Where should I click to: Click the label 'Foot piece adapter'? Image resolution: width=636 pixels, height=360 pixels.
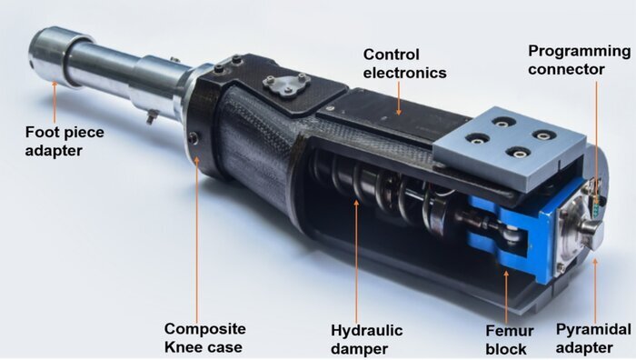pos(65,141)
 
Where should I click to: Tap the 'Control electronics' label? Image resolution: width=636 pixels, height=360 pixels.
pos(404,64)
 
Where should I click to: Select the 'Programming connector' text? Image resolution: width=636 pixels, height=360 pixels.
pos(579,60)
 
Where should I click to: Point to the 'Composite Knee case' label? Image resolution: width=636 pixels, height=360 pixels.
pos(204,337)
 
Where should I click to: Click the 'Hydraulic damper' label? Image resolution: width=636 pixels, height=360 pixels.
pos(367,339)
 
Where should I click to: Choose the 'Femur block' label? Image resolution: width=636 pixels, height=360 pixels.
pos(510,340)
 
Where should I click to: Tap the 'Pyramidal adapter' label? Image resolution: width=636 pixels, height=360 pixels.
pos(593,338)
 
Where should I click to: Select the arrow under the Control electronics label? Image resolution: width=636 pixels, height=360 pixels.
pos(399,98)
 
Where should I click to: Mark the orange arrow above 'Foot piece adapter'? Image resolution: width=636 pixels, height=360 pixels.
pos(55,102)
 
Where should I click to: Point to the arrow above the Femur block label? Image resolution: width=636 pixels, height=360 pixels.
pos(506,295)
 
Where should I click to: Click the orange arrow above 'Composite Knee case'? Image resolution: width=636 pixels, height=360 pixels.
pos(197,239)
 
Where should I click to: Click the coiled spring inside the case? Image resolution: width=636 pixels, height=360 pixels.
pos(377,186)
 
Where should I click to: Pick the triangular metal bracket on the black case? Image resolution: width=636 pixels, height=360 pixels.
pos(287,85)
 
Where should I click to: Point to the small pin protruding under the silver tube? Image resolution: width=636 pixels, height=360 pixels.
pos(152,117)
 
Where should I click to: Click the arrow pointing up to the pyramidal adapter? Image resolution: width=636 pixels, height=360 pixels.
pos(595,289)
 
